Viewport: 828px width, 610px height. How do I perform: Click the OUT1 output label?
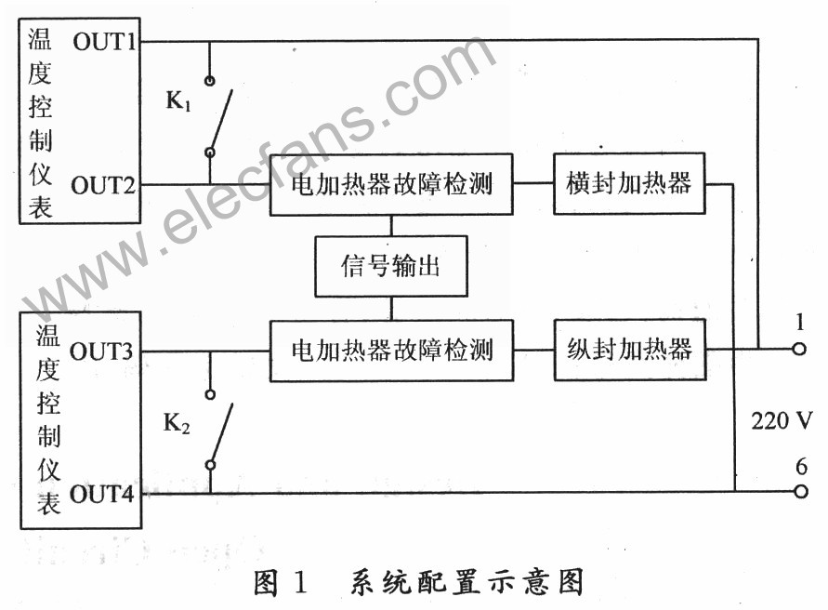pyautogui.click(x=105, y=41)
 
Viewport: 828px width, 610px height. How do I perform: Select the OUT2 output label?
pyautogui.click(x=105, y=185)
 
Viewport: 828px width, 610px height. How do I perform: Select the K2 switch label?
pyautogui.click(x=177, y=424)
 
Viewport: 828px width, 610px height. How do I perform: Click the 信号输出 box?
pyautogui.click(x=390, y=267)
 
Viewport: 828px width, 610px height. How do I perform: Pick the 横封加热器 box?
pyautogui.click(x=629, y=184)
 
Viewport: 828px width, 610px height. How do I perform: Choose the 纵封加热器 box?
pyautogui.click(x=629, y=350)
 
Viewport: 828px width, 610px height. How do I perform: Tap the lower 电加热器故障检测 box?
pyautogui.click(x=391, y=351)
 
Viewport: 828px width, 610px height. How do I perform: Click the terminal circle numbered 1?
pyautogui.click(x=797, y=350)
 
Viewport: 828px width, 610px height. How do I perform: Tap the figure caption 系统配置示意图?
pyautogui.click(x=467, y=583)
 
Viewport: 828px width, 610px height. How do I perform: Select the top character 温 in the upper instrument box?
pyautogui.click(x=40, y=40)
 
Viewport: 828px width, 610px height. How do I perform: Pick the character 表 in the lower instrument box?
pyautogui.click(x=47, y=502)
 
